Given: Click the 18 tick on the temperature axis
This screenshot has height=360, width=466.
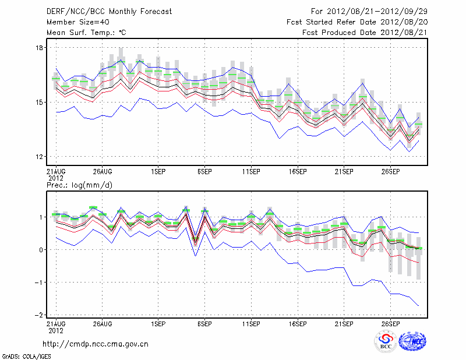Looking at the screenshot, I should pos(39,48).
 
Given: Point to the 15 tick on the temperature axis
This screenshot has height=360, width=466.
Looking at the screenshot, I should pos(39,103).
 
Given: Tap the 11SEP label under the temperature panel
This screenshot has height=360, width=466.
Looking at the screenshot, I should pos(251,172).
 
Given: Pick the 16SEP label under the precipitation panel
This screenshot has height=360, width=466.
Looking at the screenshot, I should pos(297,323).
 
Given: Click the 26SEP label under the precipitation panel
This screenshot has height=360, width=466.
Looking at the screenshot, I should pos(390,323).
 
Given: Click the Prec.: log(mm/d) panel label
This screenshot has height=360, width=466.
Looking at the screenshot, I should pos(79,185).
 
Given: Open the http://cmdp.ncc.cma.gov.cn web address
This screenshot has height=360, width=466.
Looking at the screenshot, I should pos(96,344).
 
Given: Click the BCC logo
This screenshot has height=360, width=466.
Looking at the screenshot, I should pos(386,341).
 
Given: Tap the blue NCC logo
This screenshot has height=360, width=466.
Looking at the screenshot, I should pos(412,342).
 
